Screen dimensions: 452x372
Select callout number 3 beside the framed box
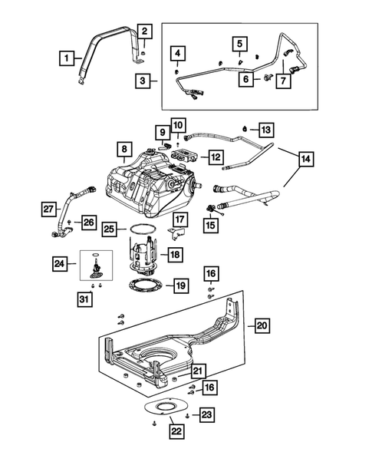pyautogui.click(x=143, y=79)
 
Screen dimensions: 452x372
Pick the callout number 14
pyautogui.click(x=305, y=160)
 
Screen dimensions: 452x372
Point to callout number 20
pyautogui.click(x=262, y=326)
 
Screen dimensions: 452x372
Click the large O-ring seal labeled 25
pyautogui.click(x=138, y=229)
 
